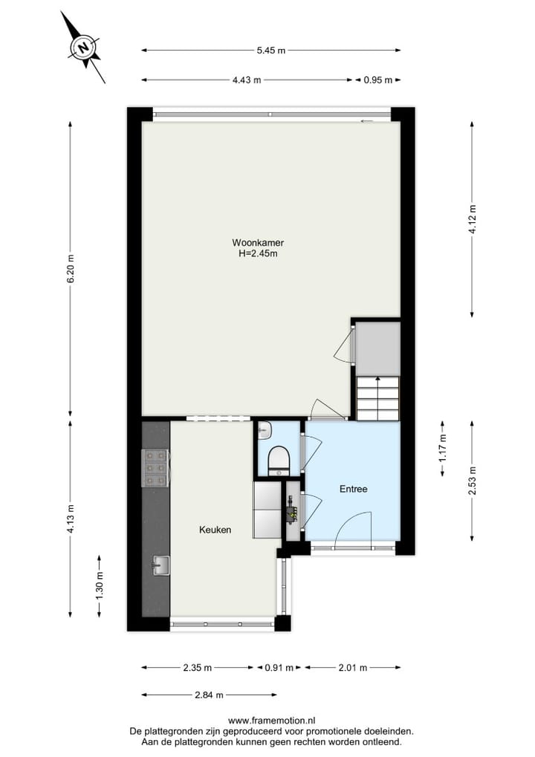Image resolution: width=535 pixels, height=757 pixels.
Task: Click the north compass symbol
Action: click(x=84, y=48)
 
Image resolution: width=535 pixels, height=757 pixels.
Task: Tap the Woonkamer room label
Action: click(x=258, y=243)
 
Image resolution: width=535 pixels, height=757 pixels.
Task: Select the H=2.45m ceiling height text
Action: click(x=258, y=253)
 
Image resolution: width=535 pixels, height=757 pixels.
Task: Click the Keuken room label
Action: click(x=215, y=530)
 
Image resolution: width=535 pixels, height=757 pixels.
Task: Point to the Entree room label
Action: click(x=354, y=489)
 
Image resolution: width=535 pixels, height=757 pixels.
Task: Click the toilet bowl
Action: click(x=279, y=458)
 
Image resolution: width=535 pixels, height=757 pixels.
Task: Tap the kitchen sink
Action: click(x=160, y=566)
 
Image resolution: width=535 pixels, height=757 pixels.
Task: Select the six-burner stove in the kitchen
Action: click(x=155, y=468)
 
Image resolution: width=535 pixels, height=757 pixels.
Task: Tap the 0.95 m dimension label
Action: click(x=377, y=80)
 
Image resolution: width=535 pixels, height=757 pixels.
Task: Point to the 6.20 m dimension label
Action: click(x=71, y=269)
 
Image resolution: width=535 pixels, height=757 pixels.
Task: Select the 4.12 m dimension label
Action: click(x=472, y=219)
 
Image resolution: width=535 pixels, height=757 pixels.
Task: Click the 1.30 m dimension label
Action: click(x=100, y=585)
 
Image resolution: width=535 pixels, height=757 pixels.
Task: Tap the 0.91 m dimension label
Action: click(x=279, y=667)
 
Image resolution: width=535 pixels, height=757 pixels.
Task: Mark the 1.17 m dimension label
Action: click(x=444, y=449)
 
